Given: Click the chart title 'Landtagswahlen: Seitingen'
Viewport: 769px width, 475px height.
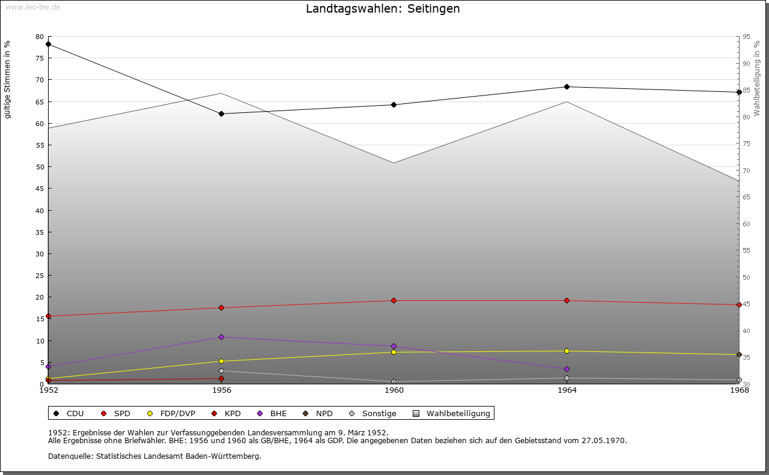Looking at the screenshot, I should (383, 9).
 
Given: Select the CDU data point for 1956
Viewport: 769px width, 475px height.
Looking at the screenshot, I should (221, 113).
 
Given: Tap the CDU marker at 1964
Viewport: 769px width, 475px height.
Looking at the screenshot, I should (567, 87).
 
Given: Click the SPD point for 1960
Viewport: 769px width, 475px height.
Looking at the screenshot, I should (394, 300).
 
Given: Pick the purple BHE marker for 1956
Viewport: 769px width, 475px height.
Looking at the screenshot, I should (221, 337).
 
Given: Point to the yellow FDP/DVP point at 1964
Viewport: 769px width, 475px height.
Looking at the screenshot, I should (567, 351).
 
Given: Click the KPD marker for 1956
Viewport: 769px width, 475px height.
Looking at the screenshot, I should (221, 378).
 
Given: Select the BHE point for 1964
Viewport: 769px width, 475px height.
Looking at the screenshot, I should (567, 369).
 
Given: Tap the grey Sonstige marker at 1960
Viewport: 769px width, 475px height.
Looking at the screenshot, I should (394, 381).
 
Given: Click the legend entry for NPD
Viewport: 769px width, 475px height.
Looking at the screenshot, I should (324, 413).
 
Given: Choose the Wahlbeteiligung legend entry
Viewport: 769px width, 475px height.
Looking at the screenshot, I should (458, 413).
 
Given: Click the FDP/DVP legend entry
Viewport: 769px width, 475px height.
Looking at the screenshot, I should (177, 413).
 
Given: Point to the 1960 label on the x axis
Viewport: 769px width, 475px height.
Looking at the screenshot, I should (394, 390).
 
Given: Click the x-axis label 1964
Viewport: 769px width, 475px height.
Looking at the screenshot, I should (567, 390).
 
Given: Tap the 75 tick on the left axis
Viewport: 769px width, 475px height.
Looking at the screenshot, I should (40, 58).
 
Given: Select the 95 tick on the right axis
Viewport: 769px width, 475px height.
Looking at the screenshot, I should (746, 37).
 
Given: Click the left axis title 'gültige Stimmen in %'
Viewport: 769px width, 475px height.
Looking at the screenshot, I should (8, 80).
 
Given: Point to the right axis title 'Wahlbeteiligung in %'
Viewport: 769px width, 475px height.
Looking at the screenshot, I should (757, 78).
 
